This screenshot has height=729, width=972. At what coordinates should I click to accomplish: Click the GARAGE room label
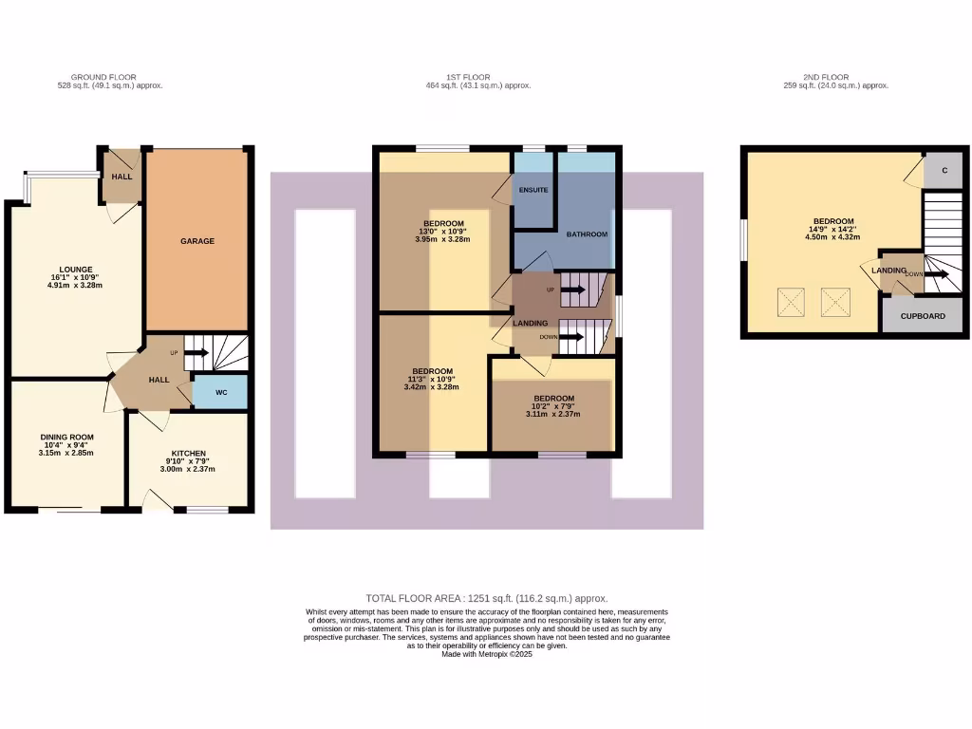(197, 241)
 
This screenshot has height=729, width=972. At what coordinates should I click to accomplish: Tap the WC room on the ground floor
(220, 391)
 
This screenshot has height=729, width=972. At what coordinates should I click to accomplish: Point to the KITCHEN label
(188, 454)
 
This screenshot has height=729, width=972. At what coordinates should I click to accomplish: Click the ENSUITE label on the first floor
(533, 190)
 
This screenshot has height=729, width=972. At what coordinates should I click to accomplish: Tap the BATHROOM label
(587, 234)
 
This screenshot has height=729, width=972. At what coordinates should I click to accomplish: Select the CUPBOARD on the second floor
(923, 315)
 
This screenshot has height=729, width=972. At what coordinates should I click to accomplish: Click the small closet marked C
(944, 170)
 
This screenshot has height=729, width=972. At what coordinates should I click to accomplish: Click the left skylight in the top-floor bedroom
(791, 303)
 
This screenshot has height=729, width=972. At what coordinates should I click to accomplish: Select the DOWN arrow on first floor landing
(571, 337)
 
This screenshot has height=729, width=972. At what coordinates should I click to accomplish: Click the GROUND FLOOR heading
(103, 77)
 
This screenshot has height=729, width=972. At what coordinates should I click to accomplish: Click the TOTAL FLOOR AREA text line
(486, 599)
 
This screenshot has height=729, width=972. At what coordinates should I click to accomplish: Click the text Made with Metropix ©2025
(487, 654)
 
